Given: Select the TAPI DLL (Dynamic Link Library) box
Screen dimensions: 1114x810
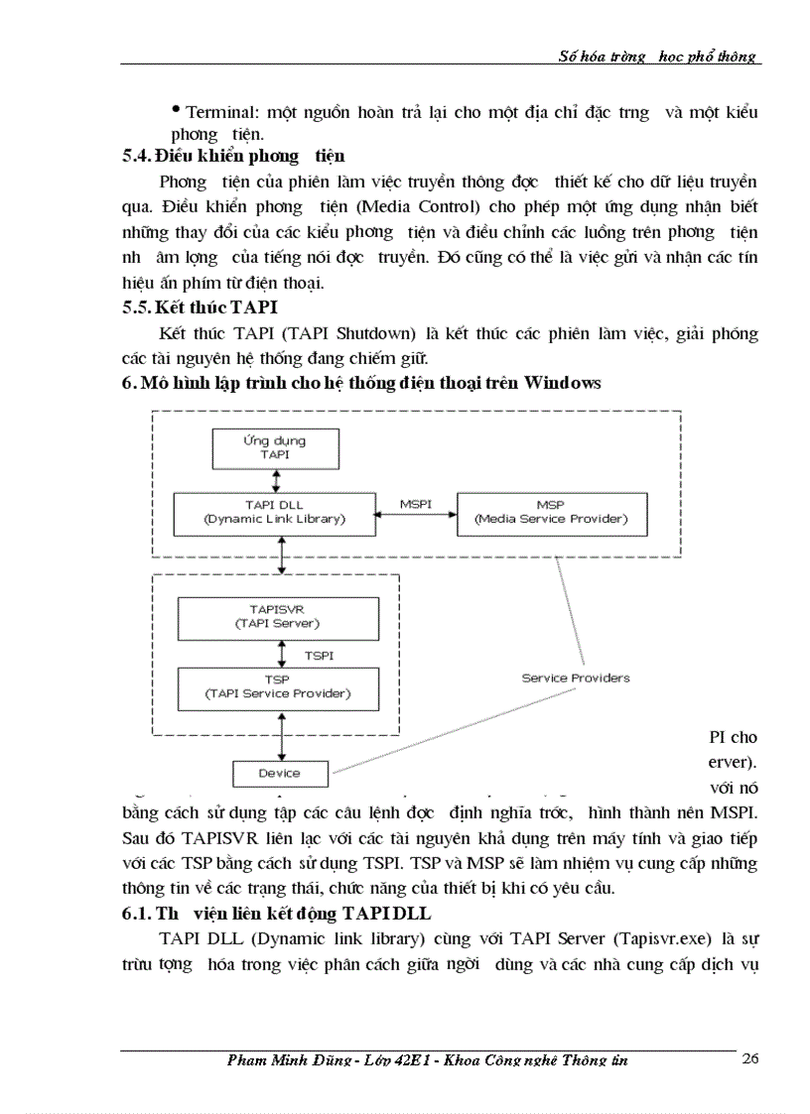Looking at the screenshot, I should coord(260,512).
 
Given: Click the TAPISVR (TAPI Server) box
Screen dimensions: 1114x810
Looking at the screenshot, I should coord(263,617).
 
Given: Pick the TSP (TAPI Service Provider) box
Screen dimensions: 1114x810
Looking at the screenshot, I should coord(263,686).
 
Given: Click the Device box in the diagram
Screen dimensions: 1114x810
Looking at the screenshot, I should coord(279,773).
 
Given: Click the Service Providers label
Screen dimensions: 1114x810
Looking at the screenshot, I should coord(576,679).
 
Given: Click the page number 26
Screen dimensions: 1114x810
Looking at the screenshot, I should coord(749,1058).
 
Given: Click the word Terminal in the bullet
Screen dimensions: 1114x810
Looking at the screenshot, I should coord(210,112).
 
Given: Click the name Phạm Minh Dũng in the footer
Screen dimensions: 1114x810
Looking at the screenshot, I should coord(288,1060).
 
